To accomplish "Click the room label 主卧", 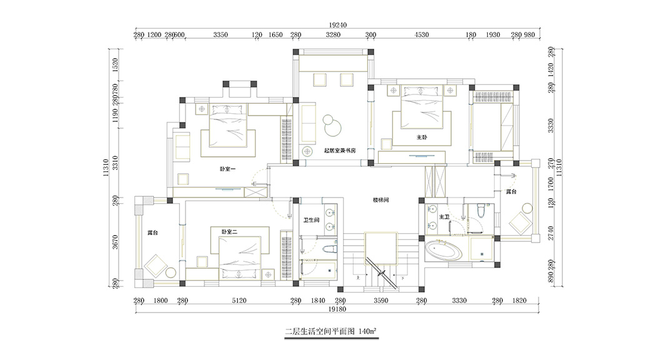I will point(421,136).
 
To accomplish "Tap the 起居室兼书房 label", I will point(340,151).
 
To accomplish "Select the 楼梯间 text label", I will point(381,200).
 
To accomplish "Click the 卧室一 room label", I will point(227,169).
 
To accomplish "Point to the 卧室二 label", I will point(229,232).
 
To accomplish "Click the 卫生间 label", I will point(311,220).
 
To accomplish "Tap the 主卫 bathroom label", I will point(444,217).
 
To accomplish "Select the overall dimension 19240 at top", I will point(337,25).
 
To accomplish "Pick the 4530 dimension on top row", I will point(422,36).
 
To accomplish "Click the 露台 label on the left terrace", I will point(152,232).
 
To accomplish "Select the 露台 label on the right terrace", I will point(512,191).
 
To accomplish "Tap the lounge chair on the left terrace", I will point(154,267).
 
